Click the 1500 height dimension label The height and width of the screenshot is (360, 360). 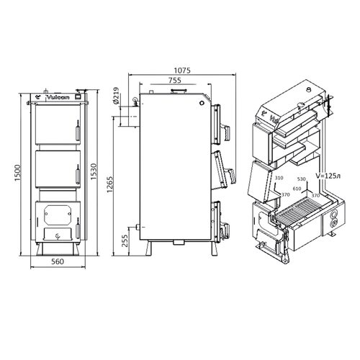pyautogui.click(x=18, y=173)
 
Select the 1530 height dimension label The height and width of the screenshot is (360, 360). pyautogui.click(x=94, y=172)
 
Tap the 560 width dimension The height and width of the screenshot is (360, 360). pyautogui.click(x=58, y=261)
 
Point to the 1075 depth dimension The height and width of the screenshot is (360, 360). pyautogui.click(x=182, y=71)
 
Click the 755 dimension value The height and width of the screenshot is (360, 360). pyautogui.click(x=175, y=80)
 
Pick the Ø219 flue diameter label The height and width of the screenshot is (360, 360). pyautogui.click(x=115, y=96)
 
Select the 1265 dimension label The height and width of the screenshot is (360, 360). pyautogui.click(x=109, y=184)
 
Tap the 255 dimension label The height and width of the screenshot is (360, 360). pyautogui.click(x=125, y=240)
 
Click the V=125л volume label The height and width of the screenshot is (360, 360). pyautogui.click(x=328, y=176)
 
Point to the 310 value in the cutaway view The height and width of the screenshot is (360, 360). pyautogui.click(x=279, y=178)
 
